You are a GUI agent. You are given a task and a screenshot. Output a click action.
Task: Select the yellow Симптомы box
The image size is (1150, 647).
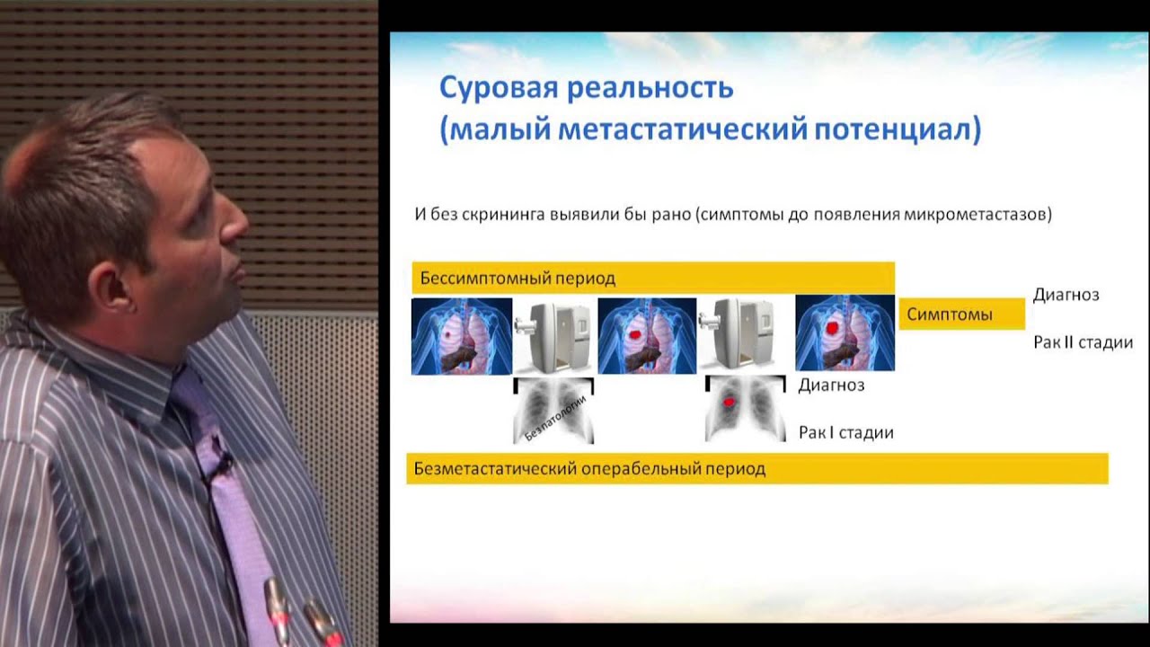(x=961, y=315)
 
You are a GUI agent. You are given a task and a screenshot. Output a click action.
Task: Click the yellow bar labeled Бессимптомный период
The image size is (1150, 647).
(x=653, y=278)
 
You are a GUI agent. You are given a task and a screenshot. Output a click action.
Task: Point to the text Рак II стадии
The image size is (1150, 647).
(x=1083, y=342)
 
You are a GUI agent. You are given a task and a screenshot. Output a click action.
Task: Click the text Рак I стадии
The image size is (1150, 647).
(x=845, y=432)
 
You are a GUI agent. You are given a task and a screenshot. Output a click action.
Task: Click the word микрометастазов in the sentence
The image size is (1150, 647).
(x=974, y=216)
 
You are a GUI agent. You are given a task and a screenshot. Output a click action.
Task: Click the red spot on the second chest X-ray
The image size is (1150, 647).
(x=730, y=400)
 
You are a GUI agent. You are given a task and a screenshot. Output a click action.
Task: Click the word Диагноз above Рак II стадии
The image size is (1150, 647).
(x=1066, y=295)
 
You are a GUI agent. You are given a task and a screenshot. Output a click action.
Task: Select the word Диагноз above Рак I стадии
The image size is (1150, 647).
(x=831, y=386)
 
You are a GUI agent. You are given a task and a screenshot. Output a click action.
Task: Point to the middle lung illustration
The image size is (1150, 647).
(x=647, y=336)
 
